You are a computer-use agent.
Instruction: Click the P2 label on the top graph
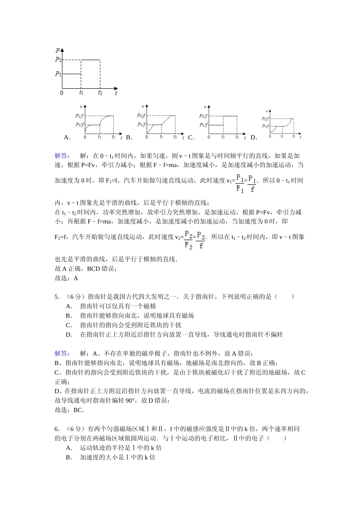click(x=58, y=59)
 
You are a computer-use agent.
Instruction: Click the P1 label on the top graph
click(x=58, y=74)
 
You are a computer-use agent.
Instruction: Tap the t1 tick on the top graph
click(x=81, y=92)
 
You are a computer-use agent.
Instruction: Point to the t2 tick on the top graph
click(x=100, y=92)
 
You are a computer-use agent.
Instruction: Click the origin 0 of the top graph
click(x=62, y=93)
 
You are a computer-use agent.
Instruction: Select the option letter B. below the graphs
click(x=129, y=137)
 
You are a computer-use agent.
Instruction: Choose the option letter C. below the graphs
click(x=191, y=137)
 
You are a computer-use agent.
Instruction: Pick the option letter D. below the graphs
click(x=254, y=137)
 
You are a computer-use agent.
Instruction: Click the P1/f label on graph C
click(x=203, y=125)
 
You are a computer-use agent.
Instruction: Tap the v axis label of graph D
click(x=267, y=111)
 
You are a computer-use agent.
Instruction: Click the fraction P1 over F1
click(x=240, y=183)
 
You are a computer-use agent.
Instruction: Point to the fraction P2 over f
click(x=201, y=240)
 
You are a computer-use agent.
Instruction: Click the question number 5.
click(x=57, y=297)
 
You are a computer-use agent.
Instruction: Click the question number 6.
click(x=57, y=429)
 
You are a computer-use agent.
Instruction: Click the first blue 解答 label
click(x=62, y=156)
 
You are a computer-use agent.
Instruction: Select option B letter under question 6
click(x=69, y=457)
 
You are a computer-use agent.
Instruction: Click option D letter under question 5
click(x=69, y=334)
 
